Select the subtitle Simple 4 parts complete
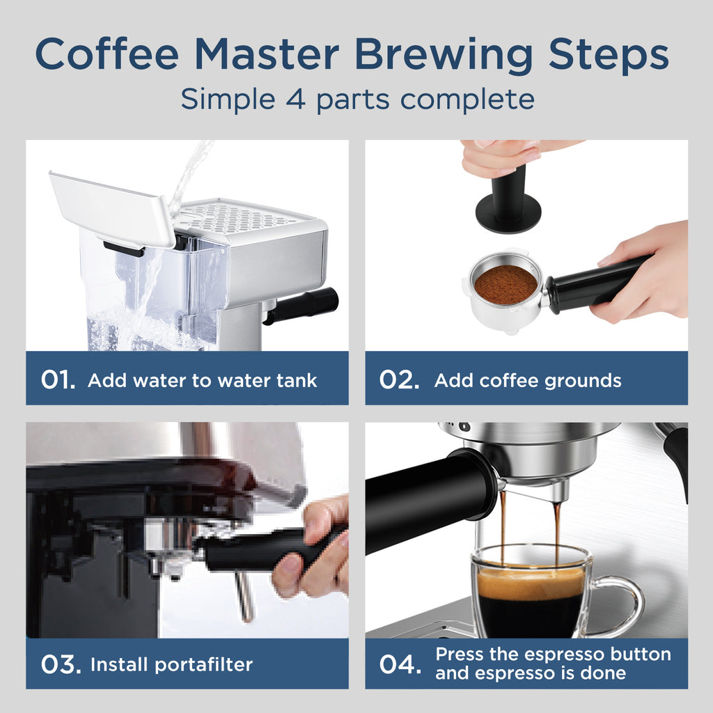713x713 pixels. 357,99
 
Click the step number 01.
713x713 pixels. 58,380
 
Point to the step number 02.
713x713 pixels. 399,380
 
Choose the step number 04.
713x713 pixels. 400,664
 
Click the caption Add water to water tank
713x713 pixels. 202,381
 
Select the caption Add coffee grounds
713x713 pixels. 528,381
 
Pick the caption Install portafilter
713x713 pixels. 171,664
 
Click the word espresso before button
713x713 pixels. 565,655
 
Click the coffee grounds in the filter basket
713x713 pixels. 506,284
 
